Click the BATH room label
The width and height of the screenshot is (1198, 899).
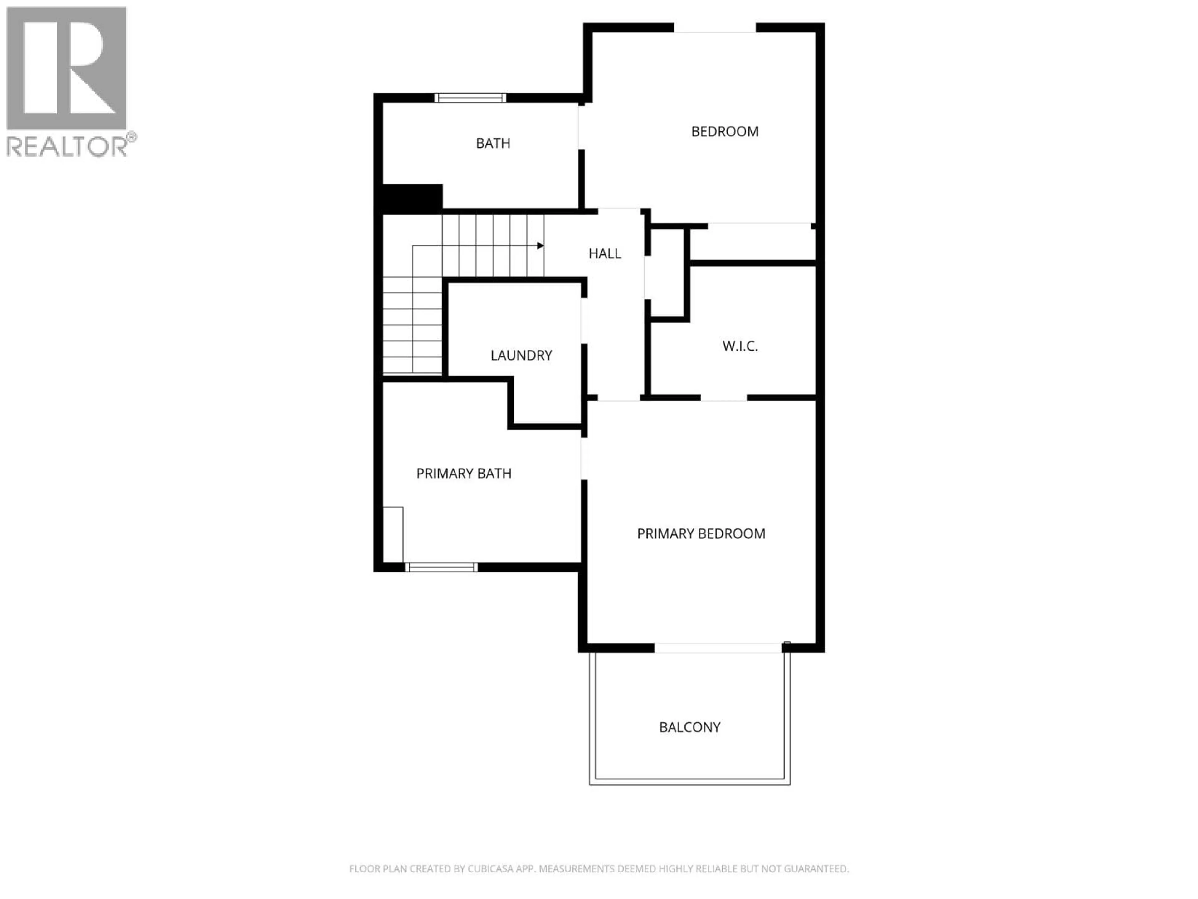493,143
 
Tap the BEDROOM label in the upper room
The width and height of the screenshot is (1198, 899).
725,131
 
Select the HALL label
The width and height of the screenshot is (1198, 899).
604,253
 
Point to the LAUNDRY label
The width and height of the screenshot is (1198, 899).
521,356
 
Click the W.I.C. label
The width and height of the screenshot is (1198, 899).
740,346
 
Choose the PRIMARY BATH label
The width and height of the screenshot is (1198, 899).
464,474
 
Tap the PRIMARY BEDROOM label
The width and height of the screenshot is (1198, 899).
701,534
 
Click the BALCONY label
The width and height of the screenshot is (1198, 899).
689,727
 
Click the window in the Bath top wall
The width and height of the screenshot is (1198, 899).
470,98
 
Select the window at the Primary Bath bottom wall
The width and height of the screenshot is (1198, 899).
441,567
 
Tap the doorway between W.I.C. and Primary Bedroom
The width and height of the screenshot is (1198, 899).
723,398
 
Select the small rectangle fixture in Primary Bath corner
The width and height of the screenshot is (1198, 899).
393,534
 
